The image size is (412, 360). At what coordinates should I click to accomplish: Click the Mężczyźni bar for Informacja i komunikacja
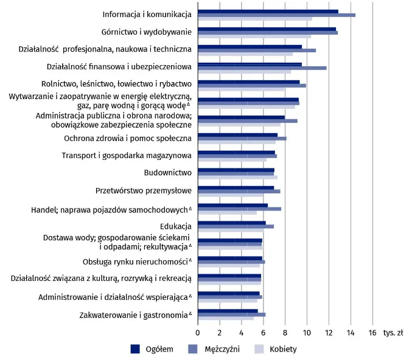click(x=276, y=15)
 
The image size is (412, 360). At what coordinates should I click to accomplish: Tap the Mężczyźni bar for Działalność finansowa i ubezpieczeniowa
click(x=262, y=67)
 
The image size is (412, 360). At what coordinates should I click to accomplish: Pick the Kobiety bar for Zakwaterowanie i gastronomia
click(x=225, y=318)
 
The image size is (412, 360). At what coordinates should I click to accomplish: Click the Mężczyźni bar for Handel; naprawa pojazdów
click(x=239, y=209)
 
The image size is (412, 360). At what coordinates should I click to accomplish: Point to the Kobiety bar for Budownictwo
click(x=237, y=178)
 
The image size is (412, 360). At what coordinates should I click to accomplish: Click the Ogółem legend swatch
click(x=135, y=348)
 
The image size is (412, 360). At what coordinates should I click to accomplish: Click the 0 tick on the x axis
click(x=198, y=333)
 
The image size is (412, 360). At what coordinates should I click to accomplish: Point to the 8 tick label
click(x=285, y=333)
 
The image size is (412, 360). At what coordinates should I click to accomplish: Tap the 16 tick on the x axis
click(x=372, y=333)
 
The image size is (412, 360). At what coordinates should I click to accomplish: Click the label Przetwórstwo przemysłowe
click(x=144, y=190)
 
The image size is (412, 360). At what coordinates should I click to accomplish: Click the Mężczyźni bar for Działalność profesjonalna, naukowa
click(x=256, y=50)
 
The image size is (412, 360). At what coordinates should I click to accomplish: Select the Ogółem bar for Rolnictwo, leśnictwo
click(x=248, y=81)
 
